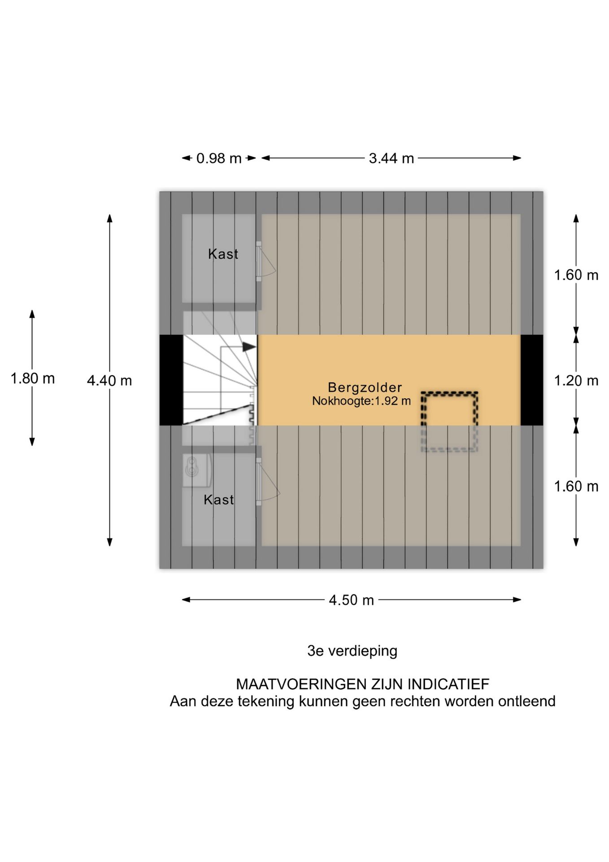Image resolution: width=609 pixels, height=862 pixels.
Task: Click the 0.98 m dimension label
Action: pyautogui.click(x=219, y=158)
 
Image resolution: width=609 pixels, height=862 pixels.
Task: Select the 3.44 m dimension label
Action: pyautogui.click(x=391, y=158)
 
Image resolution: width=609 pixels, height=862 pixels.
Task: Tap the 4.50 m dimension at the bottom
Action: pyautogui.click(x=351, y=600)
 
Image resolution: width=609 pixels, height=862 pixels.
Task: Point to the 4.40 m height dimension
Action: pyautogui.click(x=109, y=381)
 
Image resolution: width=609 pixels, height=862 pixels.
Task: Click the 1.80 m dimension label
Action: pyautogui.click(x=32, y=378)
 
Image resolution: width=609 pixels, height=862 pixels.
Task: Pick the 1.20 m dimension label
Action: pyautogui.click(x=576, y=381)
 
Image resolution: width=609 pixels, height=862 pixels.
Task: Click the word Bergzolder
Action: pyautogui.click(x=365, y=387)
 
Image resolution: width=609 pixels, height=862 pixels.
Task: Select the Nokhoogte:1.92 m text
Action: pyautogui.click(x=361, y=401)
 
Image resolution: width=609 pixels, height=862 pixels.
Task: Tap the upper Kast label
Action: pyautogui.click(x=223, y=254)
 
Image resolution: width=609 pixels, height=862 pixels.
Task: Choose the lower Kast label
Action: pyautogui.click(x=219, y=500)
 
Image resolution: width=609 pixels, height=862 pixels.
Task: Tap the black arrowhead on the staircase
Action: pyautogui.click(x=249, y=347)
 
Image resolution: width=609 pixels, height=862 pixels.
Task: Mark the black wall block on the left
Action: pyautogui.click(x=171, y=380)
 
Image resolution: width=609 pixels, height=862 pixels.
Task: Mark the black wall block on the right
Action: pyautogui.click(x=532, y=380)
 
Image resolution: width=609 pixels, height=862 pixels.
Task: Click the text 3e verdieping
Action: pyautogui.click(x=352, y=651)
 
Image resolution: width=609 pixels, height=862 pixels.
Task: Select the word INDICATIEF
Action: pyautogui.click(x=448, y=684)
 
